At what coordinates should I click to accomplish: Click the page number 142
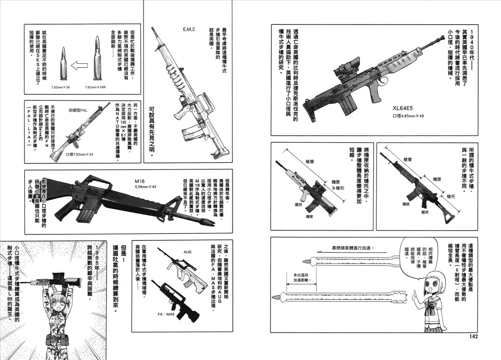[471, 336]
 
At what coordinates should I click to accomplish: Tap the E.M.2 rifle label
[189, 29]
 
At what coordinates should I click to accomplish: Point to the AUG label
[187, 252]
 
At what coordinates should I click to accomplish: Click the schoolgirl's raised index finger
[413, 292]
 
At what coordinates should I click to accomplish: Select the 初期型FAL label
[78, 110]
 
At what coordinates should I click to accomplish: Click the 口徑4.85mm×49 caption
[408, 116]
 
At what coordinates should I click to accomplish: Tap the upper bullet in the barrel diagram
[306, 261]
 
